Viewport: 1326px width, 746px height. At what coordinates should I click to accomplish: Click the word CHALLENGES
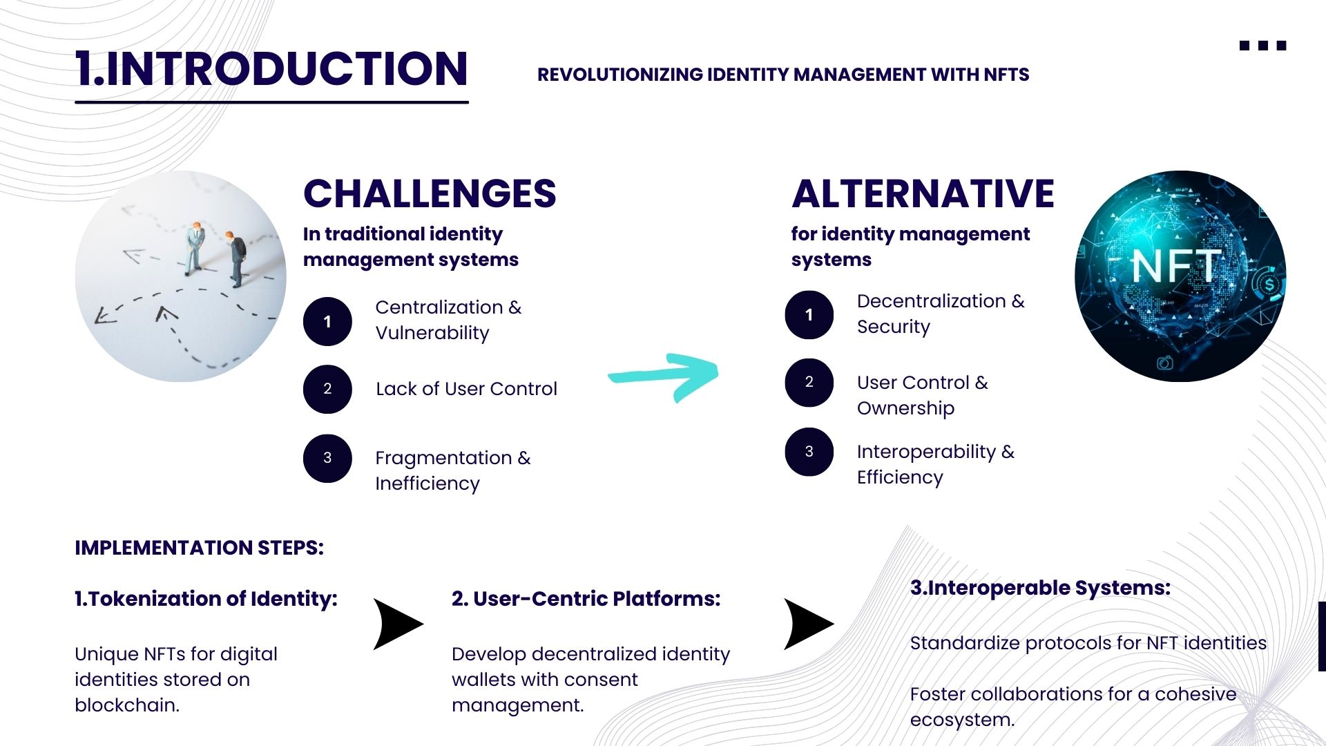[430, 193]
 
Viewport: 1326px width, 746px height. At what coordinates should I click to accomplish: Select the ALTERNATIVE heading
[923, 193]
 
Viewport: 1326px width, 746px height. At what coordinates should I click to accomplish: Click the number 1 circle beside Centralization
[327, 321]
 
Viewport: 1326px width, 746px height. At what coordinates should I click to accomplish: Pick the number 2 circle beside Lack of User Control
[327, 389]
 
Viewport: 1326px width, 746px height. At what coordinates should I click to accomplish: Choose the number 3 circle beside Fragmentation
[327, 458]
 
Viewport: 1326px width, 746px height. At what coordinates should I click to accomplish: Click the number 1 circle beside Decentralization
[809, 315]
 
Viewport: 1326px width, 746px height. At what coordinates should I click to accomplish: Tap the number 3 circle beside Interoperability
[809, 452]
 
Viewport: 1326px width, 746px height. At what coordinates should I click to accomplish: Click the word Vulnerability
[432, 333]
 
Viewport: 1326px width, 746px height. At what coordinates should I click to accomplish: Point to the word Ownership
[905, 408]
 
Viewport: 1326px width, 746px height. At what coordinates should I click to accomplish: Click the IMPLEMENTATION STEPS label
[199, 548]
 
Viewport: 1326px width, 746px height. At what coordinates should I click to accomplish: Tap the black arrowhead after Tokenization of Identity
[396, 624]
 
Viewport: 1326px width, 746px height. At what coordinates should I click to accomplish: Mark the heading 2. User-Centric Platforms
[586, 598]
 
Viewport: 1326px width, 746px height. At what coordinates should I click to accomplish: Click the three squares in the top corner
[1262, 46]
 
